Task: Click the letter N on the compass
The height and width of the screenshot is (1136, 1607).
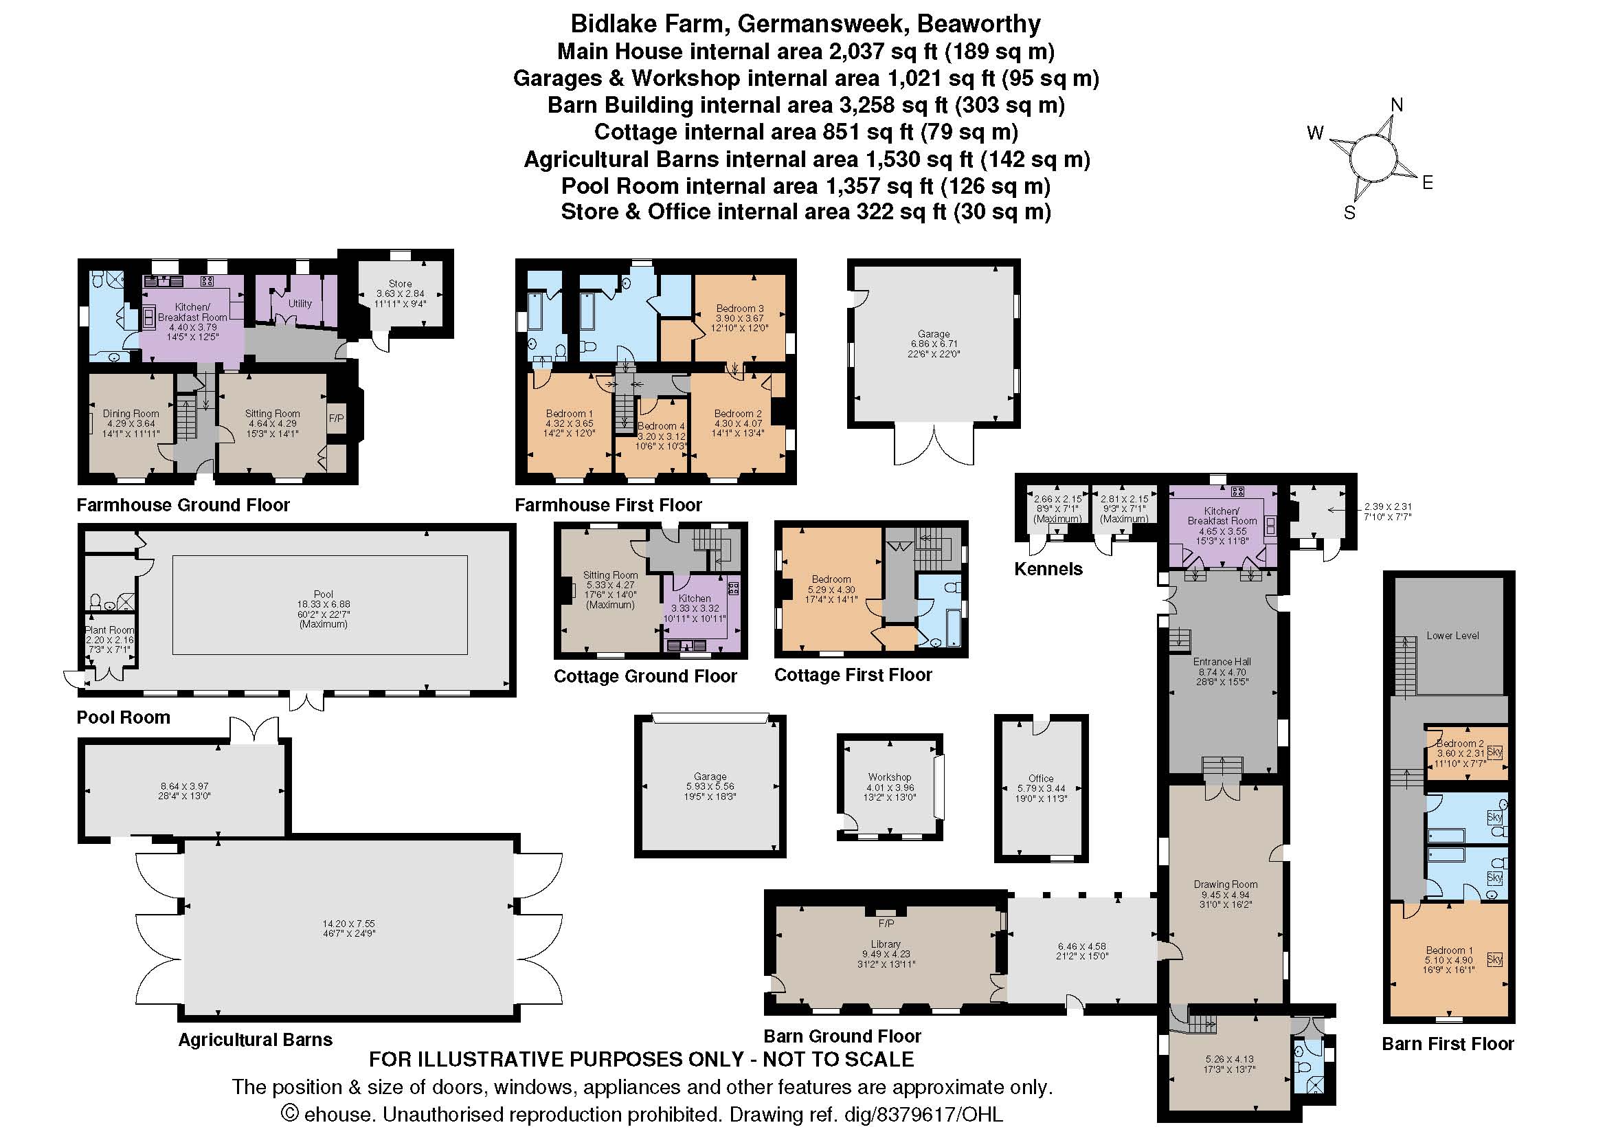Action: [x=1396, y=105]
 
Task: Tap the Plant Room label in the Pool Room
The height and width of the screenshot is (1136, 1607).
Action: [x=109, y=630]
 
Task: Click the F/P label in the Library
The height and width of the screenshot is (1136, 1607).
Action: [x=886, y=923]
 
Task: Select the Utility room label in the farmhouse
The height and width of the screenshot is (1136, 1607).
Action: [x=300, y=304]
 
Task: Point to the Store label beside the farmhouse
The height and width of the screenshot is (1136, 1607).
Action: [x=400, y=283]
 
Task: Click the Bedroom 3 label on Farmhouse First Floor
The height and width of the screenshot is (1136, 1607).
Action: [x=740, y=308]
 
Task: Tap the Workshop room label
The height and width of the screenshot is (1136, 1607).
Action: [x=890, y=777]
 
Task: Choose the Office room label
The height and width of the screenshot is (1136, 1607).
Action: [x=1041, y=779]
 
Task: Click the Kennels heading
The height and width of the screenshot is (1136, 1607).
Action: [x=1048, y=569]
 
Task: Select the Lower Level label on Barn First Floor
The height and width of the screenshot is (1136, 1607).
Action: [x=1453, y=636]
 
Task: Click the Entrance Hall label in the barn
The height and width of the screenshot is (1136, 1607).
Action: [x=1222, y=661]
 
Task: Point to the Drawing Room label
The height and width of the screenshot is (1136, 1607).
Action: [x=1226, y=884]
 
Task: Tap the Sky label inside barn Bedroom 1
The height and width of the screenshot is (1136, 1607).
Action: [x=1494, y=959]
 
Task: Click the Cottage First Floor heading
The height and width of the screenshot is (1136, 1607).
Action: [x=853, y=675]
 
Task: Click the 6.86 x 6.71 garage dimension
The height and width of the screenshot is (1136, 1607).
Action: [x=934, y=344]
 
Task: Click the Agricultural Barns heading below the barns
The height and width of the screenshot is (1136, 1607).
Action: [x=255, y=1039]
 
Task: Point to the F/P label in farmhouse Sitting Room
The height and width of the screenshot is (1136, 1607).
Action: [x=336, y=419]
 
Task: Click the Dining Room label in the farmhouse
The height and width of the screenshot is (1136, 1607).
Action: [x=131, y=414]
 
